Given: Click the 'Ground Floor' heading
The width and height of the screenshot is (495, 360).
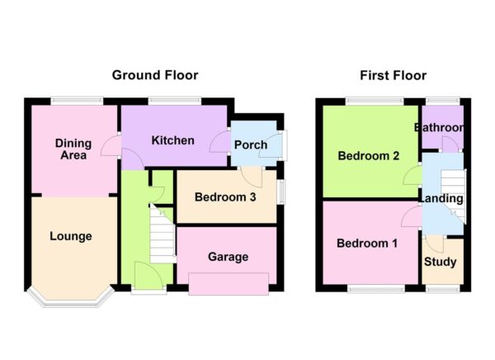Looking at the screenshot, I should (155, 75).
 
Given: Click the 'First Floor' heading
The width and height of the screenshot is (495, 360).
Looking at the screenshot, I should (393, 75).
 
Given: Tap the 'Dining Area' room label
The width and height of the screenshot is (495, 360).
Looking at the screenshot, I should (73, 149).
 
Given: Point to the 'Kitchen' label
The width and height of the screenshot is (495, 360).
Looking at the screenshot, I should (172, 140).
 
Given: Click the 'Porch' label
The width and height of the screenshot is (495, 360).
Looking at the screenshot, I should (251, 145).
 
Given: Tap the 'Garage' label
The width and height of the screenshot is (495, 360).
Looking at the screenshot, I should (228, 257).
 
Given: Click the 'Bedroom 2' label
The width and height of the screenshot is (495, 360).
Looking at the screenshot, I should (368, 155).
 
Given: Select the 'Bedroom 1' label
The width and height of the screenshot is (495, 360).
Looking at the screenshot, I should (367, 244).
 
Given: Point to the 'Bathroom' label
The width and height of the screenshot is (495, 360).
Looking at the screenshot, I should (439, 128).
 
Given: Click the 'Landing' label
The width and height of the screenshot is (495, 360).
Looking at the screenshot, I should (441, 199).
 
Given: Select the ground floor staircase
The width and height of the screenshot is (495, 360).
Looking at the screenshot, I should (163, 234).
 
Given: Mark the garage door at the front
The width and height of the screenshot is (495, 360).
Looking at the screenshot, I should (228, 283).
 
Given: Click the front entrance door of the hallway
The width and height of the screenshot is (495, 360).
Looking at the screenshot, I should (148, 277).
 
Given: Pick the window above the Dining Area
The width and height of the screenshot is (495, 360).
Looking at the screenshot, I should (77, 102).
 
